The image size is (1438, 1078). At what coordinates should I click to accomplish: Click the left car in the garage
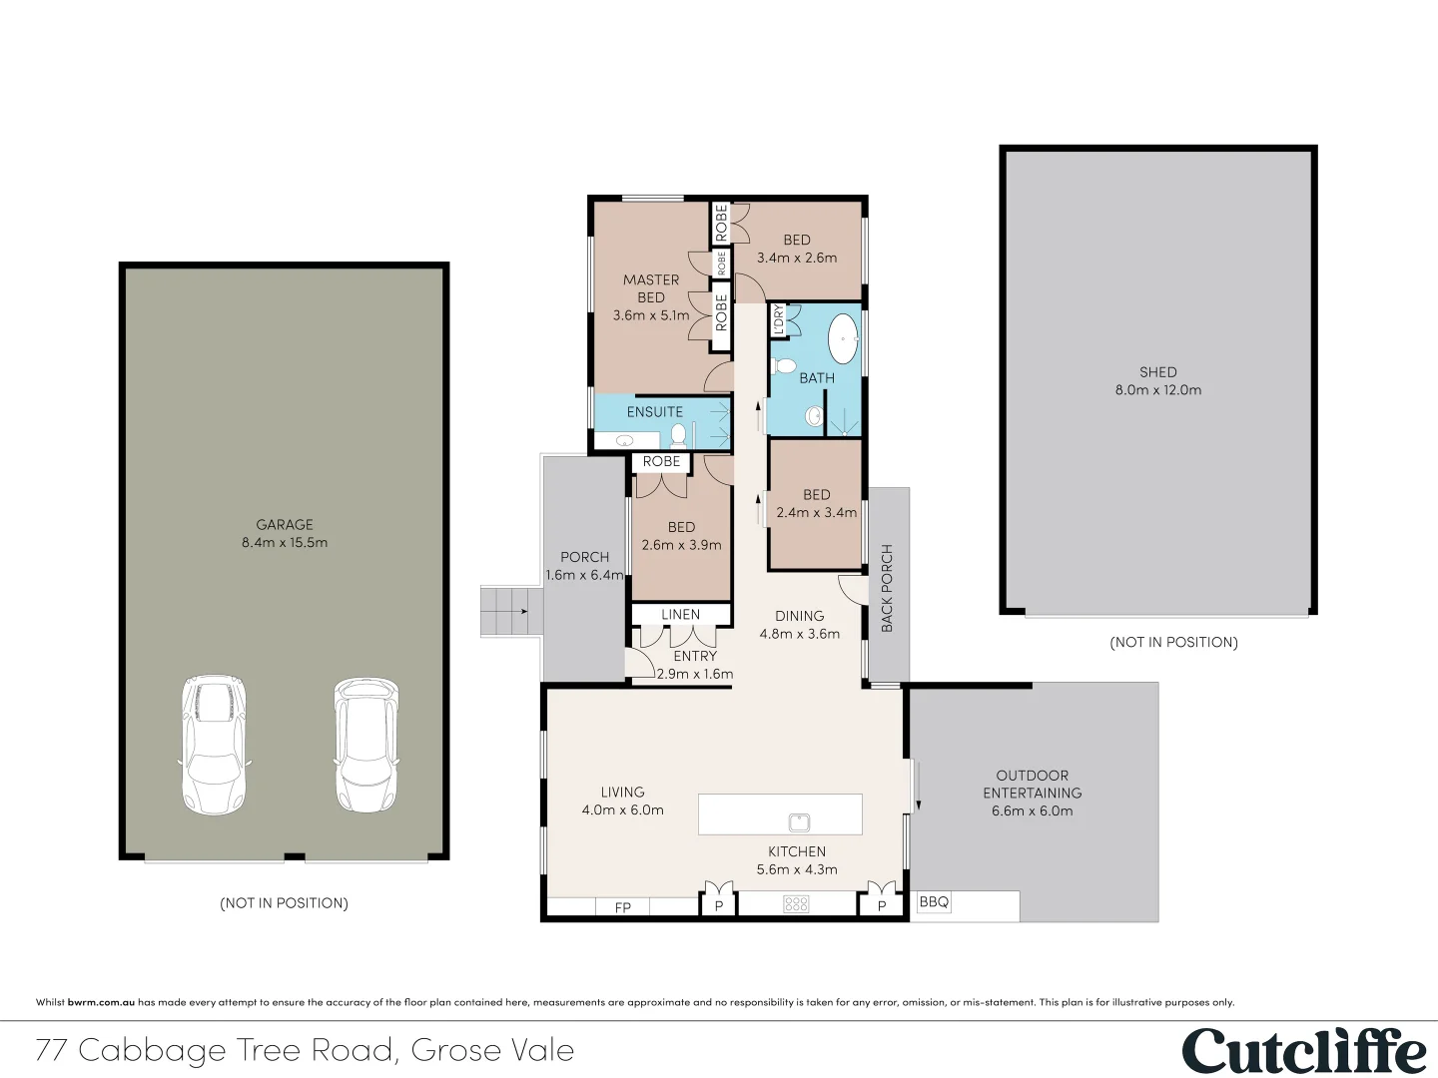214,745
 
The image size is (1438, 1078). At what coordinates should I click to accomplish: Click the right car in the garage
366,745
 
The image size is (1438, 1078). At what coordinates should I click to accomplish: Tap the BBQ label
934,902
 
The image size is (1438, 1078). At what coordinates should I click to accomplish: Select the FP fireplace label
623,907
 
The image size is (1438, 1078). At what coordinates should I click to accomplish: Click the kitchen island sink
799,822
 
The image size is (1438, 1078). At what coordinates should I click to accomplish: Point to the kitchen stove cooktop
796,904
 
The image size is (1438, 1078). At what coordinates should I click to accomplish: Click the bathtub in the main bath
844,339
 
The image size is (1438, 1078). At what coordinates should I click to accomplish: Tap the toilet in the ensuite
679,435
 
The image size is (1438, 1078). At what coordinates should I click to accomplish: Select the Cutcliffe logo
1304,1051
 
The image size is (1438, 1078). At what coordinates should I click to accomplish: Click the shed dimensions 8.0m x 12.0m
1158,390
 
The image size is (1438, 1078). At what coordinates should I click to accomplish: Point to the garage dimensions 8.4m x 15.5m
285,543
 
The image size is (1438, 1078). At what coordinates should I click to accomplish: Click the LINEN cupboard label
681,615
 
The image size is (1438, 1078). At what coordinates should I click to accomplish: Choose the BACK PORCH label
887,588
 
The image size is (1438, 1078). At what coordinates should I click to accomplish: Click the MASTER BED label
651,288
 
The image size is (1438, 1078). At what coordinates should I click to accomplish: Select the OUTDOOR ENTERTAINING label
1033,785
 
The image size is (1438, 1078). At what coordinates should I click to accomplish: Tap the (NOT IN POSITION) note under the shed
1173,643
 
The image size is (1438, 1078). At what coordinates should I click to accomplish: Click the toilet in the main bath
785,364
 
